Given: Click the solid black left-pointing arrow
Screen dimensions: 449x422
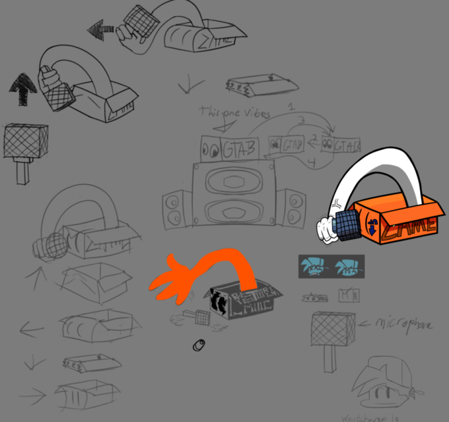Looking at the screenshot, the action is [x=100, y=29].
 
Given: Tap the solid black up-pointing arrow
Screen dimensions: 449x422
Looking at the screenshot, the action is [x=23, y=89].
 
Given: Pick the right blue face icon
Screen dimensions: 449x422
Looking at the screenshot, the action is [x=347, y=267].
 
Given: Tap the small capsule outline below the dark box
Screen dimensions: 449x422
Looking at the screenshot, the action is [x=199, y=345].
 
